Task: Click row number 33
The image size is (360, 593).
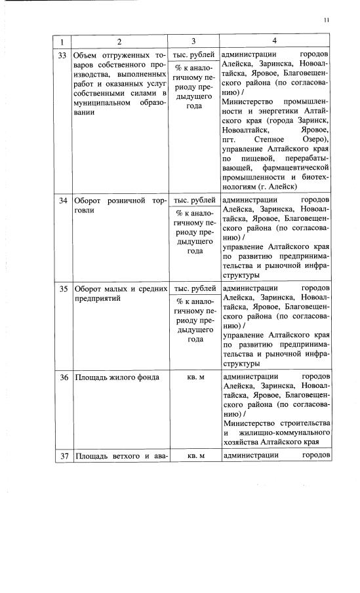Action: tap(63, 54)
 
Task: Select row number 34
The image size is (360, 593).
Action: tap(63, 200)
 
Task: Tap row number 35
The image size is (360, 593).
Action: tap(63, 288)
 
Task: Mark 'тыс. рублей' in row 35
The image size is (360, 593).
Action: tap(194, 288)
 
